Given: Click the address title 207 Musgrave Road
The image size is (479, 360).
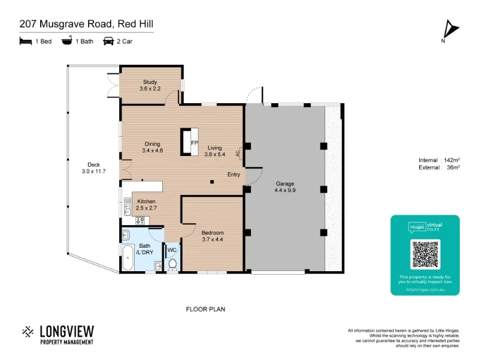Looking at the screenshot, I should point(86,24).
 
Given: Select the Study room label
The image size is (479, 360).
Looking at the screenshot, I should point(150,82).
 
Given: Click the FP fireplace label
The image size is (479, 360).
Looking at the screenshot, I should point(194,143).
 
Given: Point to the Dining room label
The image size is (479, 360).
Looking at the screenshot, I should point(152,144).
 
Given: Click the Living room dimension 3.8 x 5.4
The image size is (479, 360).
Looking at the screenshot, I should point(214,154).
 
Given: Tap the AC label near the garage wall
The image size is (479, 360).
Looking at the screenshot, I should point(238,153).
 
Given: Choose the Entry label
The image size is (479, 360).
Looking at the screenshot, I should point(234,175).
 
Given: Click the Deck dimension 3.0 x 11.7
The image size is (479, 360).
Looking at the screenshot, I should point(93,172).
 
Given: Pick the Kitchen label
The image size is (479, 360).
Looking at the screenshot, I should point(147,201).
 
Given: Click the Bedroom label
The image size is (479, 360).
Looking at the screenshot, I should point(212,232).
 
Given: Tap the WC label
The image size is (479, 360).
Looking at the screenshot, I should point(171,250).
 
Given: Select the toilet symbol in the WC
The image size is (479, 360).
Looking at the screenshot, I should point(173,263).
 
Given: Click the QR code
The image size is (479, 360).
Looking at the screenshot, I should point(425,254).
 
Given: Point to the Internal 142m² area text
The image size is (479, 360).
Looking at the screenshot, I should point(439,160).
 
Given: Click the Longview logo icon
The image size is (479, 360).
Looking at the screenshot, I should point(28,331).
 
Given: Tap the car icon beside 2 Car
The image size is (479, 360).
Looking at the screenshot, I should point(108,41).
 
